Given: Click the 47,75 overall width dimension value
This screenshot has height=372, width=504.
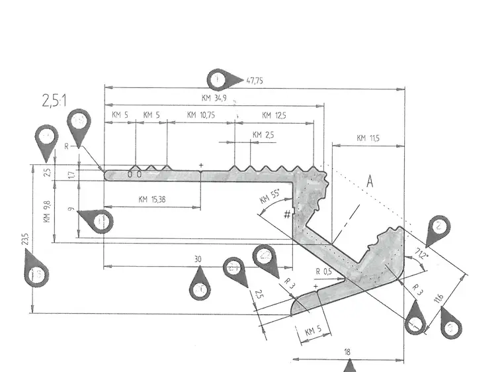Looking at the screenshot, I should pos(255,81).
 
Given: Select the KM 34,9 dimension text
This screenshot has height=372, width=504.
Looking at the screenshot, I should pos(216,98).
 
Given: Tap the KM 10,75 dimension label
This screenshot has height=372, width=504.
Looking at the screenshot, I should pos(201,115).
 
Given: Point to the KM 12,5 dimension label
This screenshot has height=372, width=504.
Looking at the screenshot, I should pos(274,115).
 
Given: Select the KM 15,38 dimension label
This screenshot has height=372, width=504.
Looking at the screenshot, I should pos(152,199).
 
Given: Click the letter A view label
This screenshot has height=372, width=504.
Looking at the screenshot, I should pos(370,182).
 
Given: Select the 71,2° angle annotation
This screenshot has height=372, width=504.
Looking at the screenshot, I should pos(421,253).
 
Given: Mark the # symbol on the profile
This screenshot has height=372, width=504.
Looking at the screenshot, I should pos(287,214).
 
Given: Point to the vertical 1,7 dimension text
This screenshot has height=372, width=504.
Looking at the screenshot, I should pos(71,175).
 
